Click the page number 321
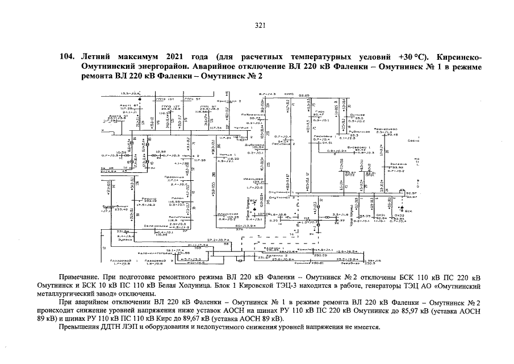coord(261,24)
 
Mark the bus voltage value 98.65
coord(304,96)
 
